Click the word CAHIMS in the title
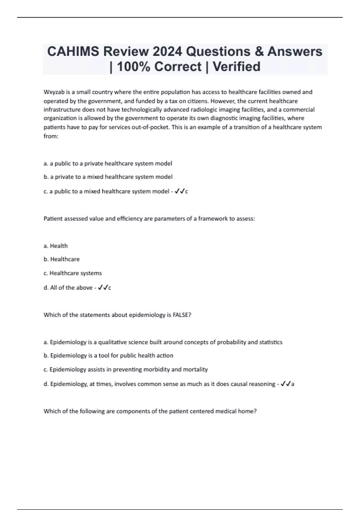(73, 52)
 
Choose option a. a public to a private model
(108, 163)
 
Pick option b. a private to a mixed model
(108, 177)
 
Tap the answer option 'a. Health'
(55, 246)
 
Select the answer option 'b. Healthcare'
(61, 259)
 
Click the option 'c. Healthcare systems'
(73, 273)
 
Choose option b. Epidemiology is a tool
(108, 355)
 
